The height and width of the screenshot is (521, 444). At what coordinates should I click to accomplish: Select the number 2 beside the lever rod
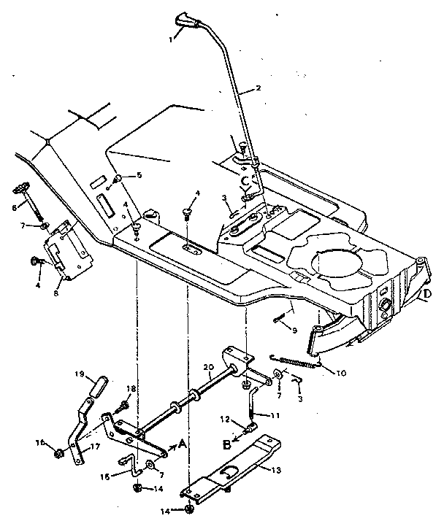(257, 90)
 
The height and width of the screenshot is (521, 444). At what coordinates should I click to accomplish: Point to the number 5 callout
(139, 175)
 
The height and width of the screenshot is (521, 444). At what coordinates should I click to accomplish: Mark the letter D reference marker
(426, 294)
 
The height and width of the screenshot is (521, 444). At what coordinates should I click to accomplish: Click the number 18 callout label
(131, 388)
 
